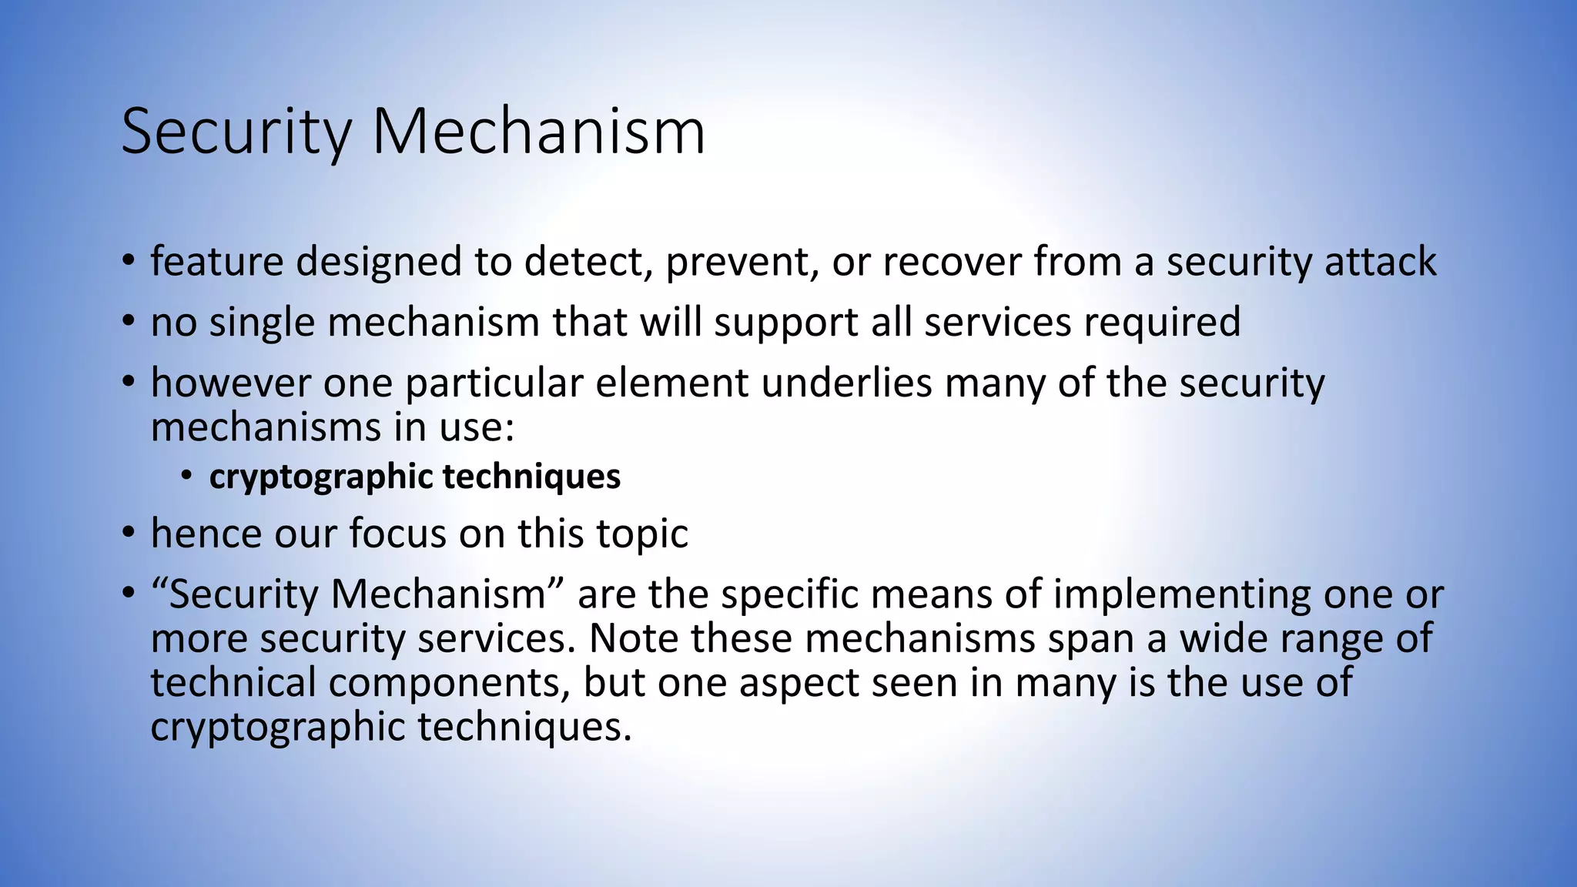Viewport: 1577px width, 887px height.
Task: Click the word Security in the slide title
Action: coord(236,132)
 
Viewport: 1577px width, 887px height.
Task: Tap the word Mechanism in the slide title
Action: coord(538,132)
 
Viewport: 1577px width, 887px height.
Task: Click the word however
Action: coord(230,383)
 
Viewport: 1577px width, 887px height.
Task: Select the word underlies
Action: coord(846,383)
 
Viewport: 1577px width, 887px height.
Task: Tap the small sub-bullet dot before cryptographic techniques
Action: coord(186,475)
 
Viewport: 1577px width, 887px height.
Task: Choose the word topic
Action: coord(641,534)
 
